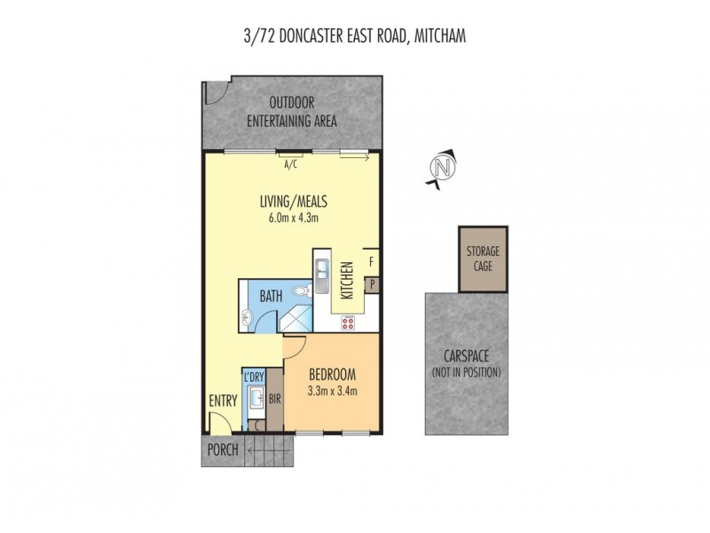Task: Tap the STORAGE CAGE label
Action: tap(484, 259)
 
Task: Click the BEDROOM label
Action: tap(333, 373)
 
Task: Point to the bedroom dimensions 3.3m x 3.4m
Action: tap(333, 389)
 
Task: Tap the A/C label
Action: tap(289, 165)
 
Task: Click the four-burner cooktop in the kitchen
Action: tap(348, 322)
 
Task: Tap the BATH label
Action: tap(272, 297)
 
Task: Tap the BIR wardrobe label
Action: tap(275, 400)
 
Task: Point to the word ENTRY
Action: tap(222, 402)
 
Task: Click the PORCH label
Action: tap(223, 449)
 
